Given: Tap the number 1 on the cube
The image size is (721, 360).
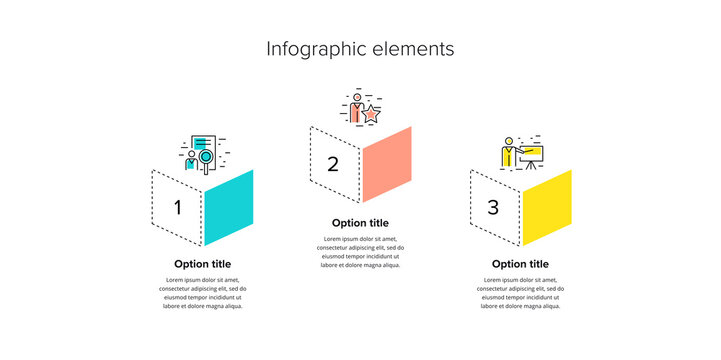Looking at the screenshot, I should [178, 208].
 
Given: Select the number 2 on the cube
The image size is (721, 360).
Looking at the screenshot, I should [334, 164].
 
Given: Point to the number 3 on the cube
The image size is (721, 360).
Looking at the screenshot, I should [493, 208].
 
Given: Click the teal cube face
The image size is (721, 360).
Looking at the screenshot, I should [228, 207].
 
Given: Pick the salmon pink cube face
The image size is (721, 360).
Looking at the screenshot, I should [387, 164].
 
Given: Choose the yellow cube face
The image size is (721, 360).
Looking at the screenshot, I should [547, 207].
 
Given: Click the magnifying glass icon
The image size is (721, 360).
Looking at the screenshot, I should [206, 156].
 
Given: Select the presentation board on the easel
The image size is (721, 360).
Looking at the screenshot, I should [529, 155].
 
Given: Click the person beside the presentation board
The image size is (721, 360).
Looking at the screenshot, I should [508, 153].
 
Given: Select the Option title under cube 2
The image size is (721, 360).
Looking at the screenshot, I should [360, 222].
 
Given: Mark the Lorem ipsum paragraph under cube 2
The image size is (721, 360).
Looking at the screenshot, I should [360, 252].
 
